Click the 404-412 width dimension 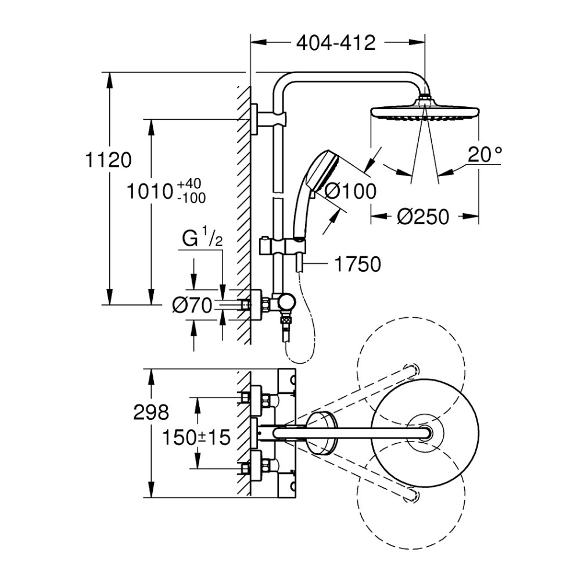(x=336, y=42)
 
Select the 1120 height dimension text (x=108, y=159)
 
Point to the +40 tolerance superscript (x=192, y=185)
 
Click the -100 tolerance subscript (x=191, y=198)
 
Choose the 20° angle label (x=484, y=154)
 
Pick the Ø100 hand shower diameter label (x=350, y=191)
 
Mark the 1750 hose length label (x=357, y=264)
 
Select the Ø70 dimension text (x=192, y=305)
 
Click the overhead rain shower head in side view (x=425, y=112)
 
